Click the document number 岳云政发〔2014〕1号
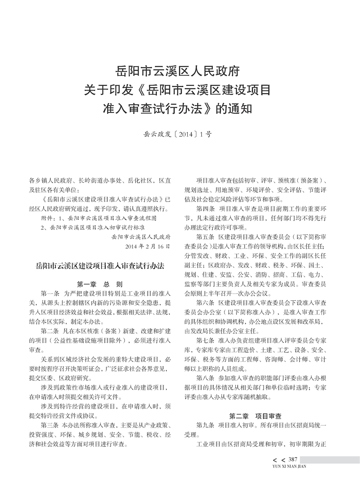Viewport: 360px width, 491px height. tap(180, 133)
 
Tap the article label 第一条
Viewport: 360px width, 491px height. tap(49, 293)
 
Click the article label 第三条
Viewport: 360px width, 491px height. tap(49, 424)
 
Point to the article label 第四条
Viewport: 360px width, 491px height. tap(205, 209)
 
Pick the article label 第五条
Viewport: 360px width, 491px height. tap(205, 235)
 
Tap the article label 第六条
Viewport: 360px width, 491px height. tap(205, 302)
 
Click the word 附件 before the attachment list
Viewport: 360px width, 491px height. tap(47, 218)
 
